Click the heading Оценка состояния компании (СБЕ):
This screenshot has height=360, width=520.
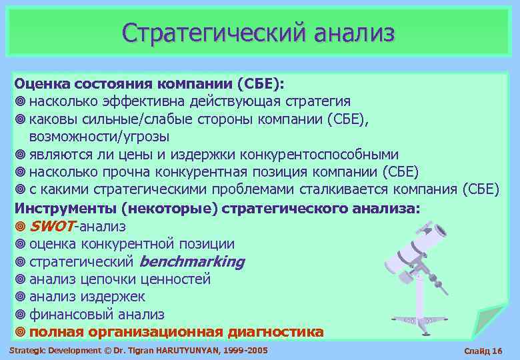click(149, 85)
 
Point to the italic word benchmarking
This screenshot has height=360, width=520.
click(192, 262)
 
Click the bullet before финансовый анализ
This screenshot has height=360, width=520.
click(20, 314)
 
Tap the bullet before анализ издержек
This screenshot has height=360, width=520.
click(20, 297)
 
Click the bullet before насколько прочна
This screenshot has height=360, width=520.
click(20, 171)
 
